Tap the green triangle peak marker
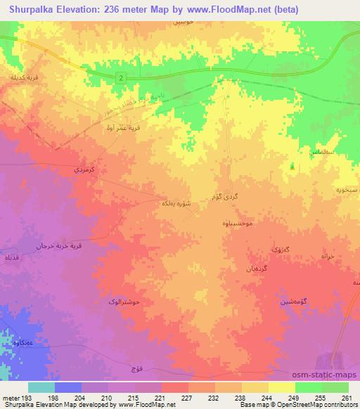point(292,167)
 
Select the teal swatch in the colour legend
point(41,387)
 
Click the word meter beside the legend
point(11,398)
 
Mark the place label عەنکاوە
point(25,343)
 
